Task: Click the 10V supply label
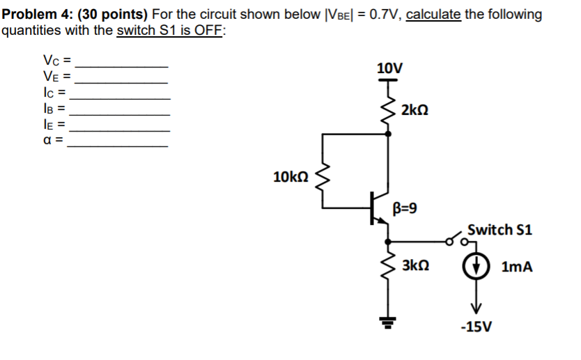(389, 68)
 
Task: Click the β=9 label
(407, 208)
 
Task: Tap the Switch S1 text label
(499, 230)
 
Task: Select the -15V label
(477, 327)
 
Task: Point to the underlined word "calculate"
(433, 14)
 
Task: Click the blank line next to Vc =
(125, 64)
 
